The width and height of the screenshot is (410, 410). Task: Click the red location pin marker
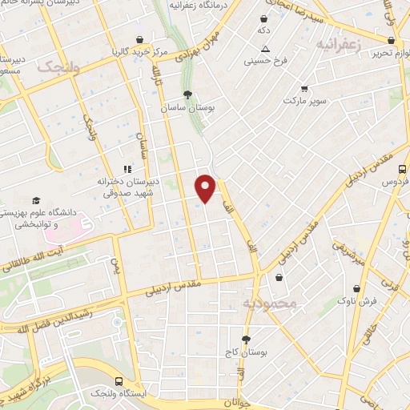(x=206, y=187)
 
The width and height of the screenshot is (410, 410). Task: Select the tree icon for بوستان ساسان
(x=187, y=93)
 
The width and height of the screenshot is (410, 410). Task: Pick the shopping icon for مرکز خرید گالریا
(x=141, y=39)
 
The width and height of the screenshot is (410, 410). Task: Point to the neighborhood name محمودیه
(x=269, y=303)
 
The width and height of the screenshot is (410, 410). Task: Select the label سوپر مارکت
(x=303, y=102)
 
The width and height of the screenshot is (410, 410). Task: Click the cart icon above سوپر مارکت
(x=303, y=89)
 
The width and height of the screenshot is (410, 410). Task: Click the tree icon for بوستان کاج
(x=247, y=340)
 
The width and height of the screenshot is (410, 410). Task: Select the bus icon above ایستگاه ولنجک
(x=119, y=381)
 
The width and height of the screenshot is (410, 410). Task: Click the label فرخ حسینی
(x=263, y=60)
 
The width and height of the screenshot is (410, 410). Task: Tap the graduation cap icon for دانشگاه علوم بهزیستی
(x=35, y=200)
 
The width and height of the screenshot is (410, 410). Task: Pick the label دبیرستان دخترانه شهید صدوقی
(x=128, y=187)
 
